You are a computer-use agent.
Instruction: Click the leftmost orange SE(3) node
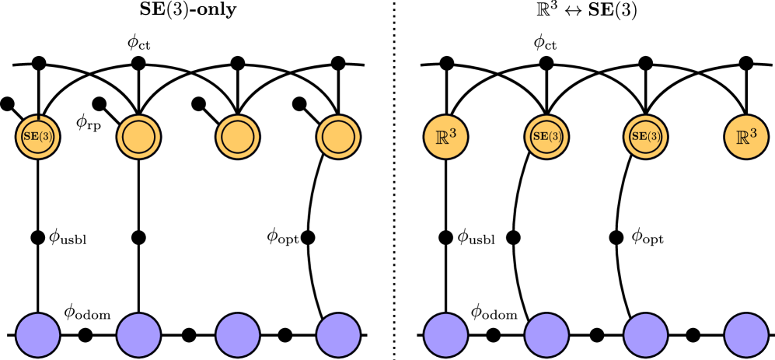coord(38,137)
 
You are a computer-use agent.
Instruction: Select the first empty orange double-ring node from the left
coord(138,137)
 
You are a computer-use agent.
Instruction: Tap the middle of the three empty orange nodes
coord(237,137)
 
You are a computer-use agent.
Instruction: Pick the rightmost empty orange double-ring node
coord(338,137)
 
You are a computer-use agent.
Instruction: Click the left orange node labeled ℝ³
coord(445,137)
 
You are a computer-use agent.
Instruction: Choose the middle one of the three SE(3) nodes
coord(546,137)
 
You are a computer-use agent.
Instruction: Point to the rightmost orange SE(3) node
coord(645,137)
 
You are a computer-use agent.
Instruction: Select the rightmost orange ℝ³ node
coord(746,137)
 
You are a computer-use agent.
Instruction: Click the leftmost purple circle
coord(38,335)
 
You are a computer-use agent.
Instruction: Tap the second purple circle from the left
coord(138,335)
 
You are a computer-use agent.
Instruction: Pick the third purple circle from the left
coord(237,335)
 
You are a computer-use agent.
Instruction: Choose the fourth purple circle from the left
coord(338,335)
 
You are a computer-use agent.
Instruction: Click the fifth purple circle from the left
coord(445,335)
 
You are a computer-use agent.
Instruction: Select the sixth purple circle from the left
coord(546,335)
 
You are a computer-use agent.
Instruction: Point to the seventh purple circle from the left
coord(645,335)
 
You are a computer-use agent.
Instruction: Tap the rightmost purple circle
coord(746,335)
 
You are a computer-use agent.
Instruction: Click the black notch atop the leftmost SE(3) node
coord(38,117)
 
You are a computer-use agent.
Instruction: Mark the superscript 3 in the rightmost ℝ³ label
coord(753,133)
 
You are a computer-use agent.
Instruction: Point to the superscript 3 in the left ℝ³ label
coord(452,133)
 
